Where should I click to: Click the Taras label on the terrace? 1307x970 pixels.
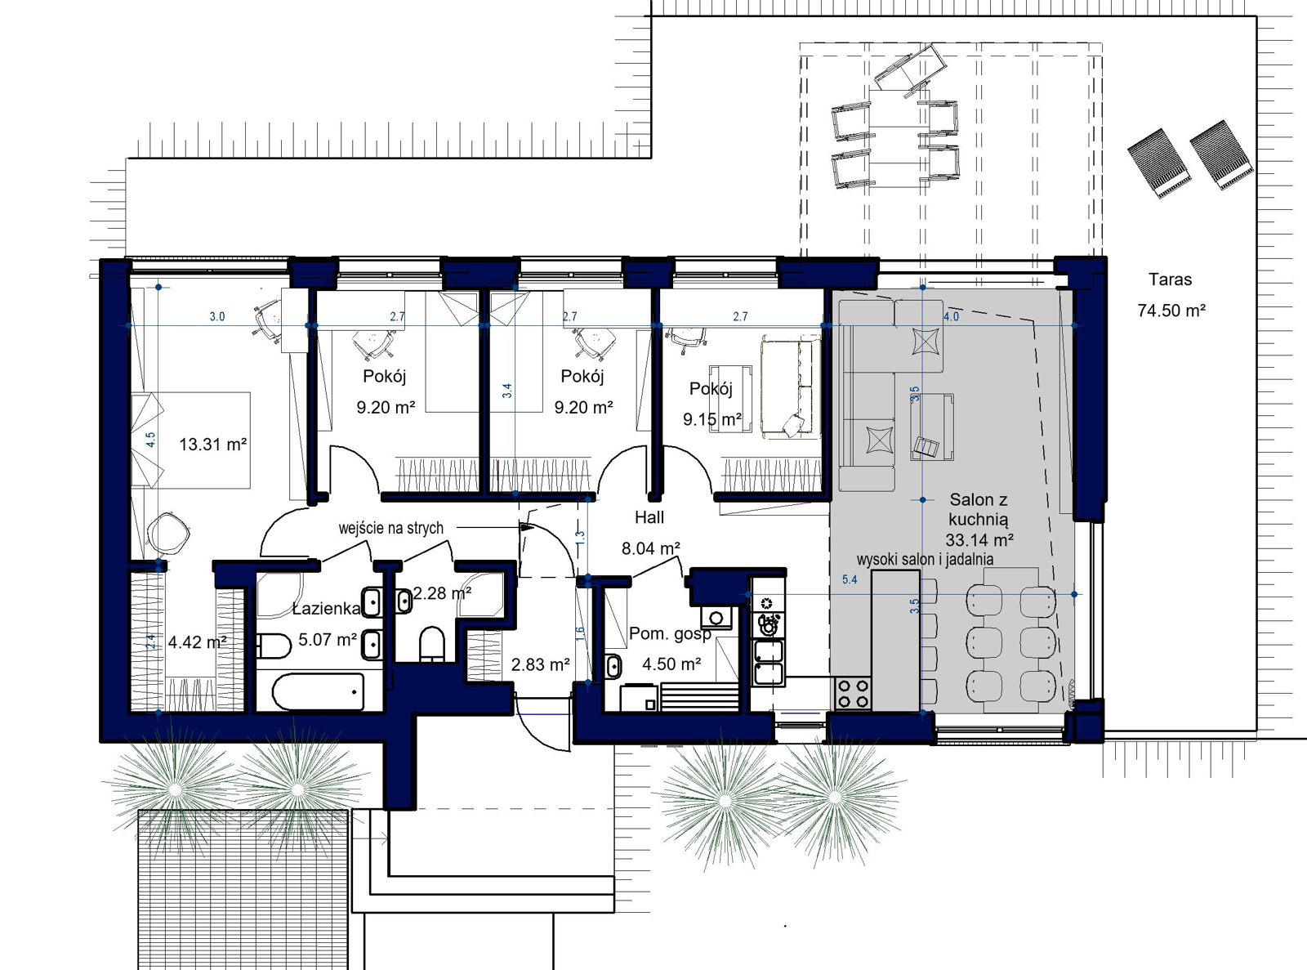pos(1170,279)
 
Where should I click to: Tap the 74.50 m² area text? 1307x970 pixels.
pos(1171,311)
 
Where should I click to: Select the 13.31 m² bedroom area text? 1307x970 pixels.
pos(212,445)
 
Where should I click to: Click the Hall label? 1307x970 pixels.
pos(649,517)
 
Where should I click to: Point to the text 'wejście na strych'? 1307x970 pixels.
pos(391,529)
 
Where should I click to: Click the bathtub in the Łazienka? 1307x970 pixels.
pos(319,692)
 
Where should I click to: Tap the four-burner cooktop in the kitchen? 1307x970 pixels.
pos(854,694)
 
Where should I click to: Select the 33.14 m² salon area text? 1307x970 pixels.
pos(979,540)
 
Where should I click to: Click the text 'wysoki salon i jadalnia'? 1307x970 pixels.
pos(925,560)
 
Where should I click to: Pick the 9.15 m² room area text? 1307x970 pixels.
pos(712,420)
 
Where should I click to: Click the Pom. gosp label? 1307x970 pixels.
pos(670,633)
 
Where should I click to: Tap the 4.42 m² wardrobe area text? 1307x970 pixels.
pos(197,642)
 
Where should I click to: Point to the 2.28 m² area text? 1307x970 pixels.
pos(441,593)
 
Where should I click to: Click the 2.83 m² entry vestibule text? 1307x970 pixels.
pos(540,664)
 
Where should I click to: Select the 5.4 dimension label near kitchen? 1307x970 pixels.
pos(850,579)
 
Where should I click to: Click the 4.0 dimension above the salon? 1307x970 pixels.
pos(952,316)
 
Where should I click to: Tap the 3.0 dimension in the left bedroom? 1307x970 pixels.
pos(217,316)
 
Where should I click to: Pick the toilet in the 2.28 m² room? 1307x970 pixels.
pos(431,643)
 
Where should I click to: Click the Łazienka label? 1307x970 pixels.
pos(327,609)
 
